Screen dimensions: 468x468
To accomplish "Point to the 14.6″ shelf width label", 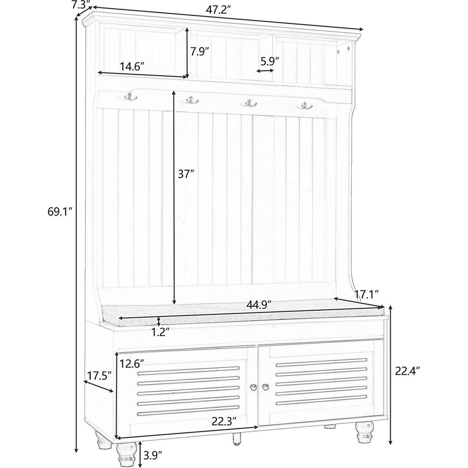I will pos(132,66).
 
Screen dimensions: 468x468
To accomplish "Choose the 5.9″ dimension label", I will pos(270,61).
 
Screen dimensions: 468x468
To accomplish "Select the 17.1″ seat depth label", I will pos(366,294).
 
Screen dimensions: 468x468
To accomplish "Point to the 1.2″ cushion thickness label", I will pos(160,332).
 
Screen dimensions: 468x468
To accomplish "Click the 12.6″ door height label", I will pos(132,364).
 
